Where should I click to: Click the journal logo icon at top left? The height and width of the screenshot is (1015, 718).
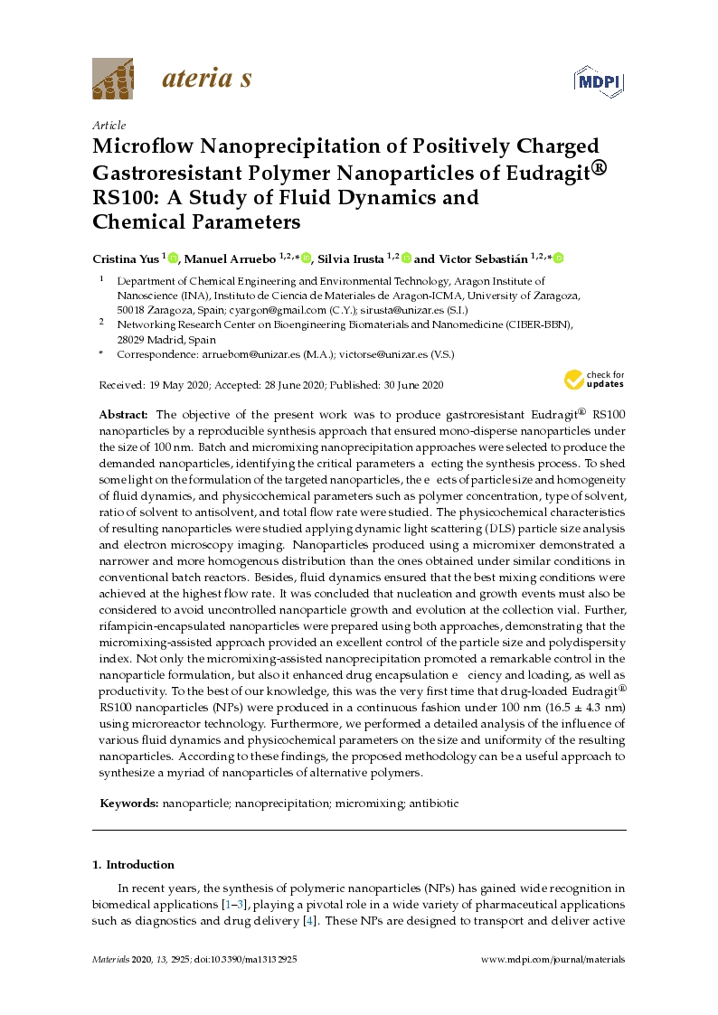coord(112,79)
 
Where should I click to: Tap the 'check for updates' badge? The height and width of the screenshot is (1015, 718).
coord(594,379)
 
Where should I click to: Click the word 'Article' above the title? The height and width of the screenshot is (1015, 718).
coord(109,126)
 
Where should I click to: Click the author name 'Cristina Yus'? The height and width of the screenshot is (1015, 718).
coord(128,258)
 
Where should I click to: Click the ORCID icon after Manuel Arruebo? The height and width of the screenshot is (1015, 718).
coord(307,259)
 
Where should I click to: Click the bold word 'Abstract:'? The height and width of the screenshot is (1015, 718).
coord(125,412)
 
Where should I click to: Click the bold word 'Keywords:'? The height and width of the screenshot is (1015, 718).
coord(128,803)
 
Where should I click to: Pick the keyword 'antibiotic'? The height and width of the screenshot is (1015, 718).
coord(437,803)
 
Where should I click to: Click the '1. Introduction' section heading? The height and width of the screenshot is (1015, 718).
coord(134,864)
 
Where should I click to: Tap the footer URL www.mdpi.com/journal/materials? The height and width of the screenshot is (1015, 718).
coord(552,960)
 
